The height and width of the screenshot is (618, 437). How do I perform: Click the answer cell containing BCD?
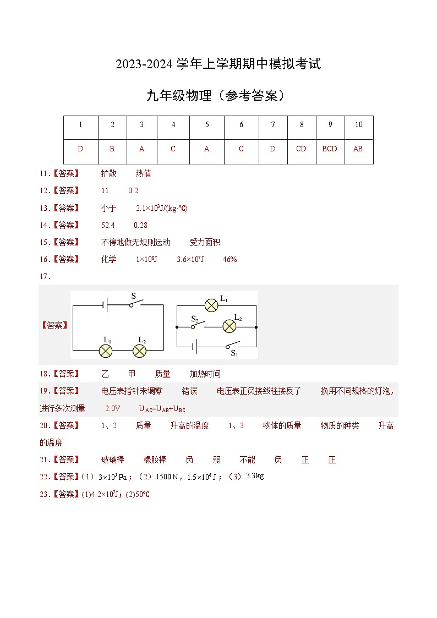point(330,149)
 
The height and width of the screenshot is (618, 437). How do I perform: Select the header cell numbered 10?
point(358,125)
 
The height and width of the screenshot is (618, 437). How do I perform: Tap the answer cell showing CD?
point(301,149)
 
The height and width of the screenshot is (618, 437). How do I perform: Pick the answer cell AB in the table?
point(358,149)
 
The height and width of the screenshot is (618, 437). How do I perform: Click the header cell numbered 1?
point(80,125)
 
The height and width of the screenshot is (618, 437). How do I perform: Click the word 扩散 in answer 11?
point(109,173)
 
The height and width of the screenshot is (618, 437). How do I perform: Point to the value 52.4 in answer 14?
point(108,225)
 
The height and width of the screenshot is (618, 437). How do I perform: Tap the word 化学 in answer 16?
point(109,259)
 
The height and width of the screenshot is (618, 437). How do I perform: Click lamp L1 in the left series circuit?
point(106,351)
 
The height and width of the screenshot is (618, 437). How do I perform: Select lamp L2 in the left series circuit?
point(140,351)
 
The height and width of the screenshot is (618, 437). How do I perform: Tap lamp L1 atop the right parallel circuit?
point(212,305)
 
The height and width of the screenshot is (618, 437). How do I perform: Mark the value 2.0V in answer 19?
point(112,409)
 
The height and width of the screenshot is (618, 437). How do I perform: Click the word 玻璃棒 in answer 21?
point(113,460)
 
